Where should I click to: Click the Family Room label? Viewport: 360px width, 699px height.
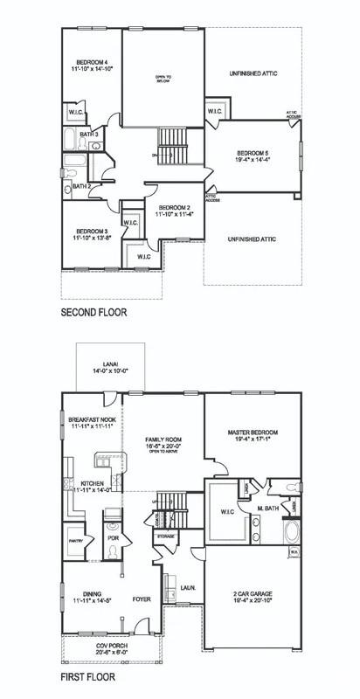(x=163, y=439)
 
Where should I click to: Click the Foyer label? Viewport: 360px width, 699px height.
(x=142, y=600)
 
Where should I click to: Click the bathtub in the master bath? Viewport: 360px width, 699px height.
(x=292, y=531)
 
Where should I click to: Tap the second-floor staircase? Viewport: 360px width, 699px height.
(x=171, y=141)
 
